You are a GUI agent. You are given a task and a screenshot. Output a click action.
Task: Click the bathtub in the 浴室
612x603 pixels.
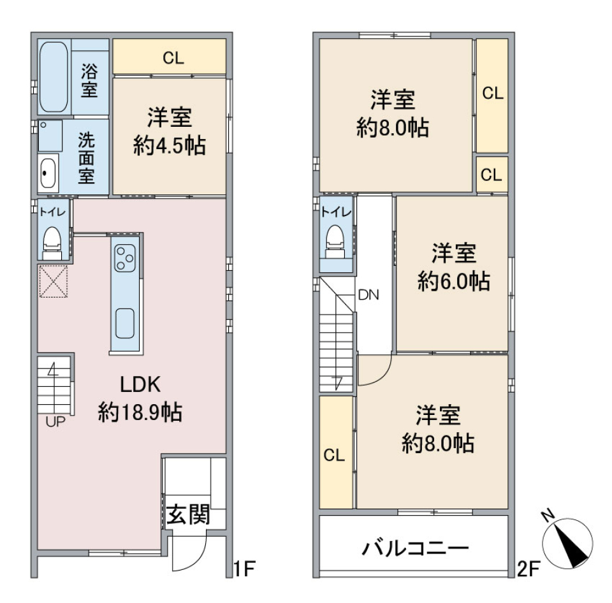[x=54, y=77]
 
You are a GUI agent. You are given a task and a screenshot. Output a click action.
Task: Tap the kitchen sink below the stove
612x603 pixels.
[x=125, y=324]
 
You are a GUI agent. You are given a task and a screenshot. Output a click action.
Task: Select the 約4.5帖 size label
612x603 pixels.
[x=169, y=146]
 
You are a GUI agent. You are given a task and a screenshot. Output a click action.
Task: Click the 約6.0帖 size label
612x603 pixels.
[x=453, y=280]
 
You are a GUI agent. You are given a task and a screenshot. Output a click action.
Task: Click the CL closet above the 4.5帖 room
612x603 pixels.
[x=170, y=58]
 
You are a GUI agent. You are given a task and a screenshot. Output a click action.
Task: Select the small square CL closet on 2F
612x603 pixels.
[x=492, y=175]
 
